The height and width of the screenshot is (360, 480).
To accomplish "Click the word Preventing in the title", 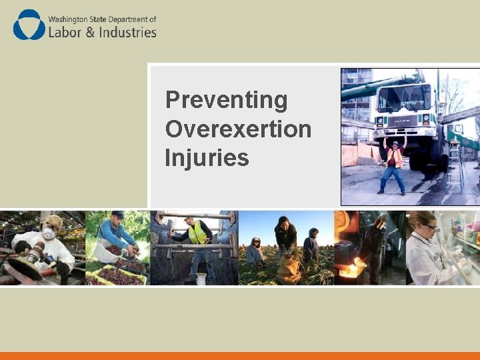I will pyautogui.click(x=226, y=100).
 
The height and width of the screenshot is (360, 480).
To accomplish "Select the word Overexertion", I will pyautogui.click(x=238, y=129).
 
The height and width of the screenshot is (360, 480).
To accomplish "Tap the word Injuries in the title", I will pyautogui.click(x=207, y=158).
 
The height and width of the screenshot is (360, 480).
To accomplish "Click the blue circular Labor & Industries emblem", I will pyautogui.click(x=29, y=25).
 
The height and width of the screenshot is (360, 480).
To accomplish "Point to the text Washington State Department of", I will pyautogui.click(x=102, y=19).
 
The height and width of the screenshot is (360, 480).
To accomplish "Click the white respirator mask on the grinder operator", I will pyautogui.click(x=49, y=234).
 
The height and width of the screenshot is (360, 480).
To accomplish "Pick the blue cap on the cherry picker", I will pyautogui.click(x=118, y=215).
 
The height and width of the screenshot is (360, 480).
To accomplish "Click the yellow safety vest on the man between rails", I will pyautogui.click(x=197, y=233).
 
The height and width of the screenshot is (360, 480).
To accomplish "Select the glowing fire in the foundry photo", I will pyautogui.click(x=350, y=270).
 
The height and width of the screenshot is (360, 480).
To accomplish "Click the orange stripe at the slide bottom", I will pyautogui.click(x=240, y=356).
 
